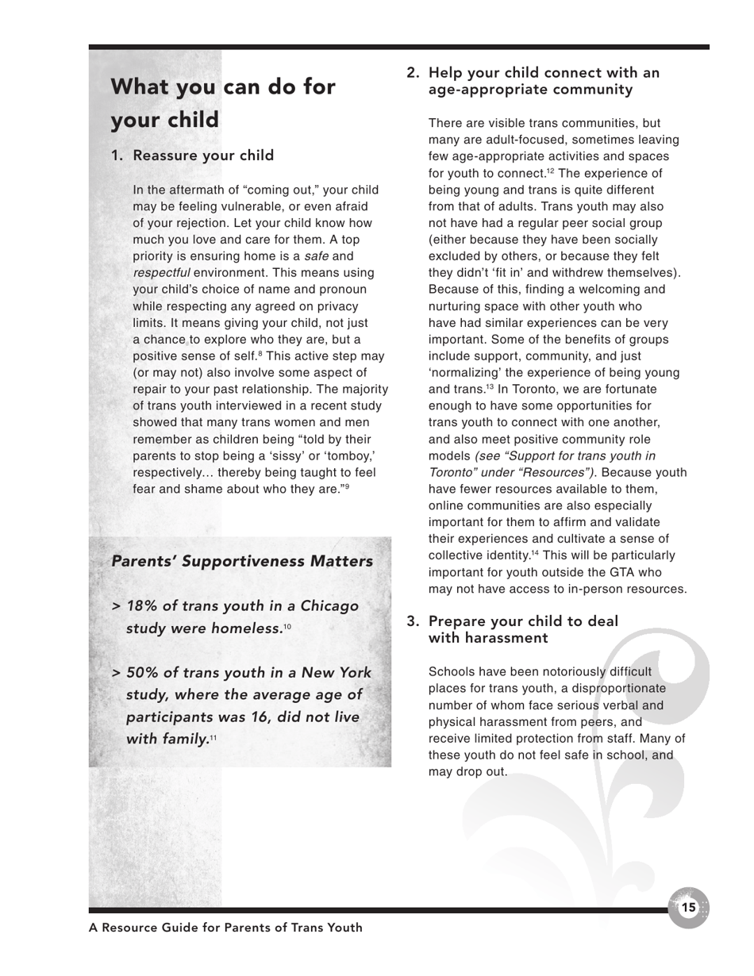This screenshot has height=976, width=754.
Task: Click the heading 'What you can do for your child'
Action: pos(222,103)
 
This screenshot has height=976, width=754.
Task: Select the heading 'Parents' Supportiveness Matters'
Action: pos(242,561)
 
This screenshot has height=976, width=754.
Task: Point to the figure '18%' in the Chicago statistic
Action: pos(142,606)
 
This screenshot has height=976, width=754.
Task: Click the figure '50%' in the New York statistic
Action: pos(142,673)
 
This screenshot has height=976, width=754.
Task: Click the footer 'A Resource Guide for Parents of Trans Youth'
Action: pos(225,928)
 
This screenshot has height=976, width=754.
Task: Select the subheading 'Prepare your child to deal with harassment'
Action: pos(522,629)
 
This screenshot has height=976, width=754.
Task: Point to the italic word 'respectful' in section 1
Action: pos(161,273)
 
